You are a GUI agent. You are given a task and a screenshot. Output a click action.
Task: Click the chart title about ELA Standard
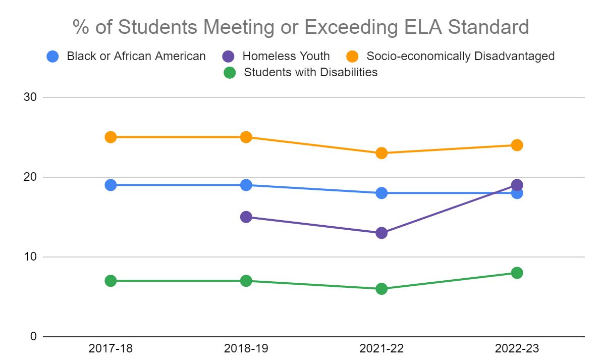click(301, 27)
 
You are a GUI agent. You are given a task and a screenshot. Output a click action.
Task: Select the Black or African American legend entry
click(126, 56)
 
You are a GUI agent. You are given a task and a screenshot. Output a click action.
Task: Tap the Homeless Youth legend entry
click(276, 56)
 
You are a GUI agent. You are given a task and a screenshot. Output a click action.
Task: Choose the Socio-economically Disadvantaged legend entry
click(450, 56)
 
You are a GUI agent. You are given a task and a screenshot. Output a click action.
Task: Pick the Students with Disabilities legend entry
click(301, 72)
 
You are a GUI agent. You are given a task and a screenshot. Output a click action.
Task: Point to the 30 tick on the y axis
click(30, 97)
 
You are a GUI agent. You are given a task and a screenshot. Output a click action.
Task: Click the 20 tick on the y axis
click(30, 177)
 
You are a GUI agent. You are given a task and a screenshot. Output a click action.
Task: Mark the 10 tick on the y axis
click(30, 256)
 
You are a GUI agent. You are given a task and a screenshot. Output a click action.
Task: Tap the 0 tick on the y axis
click(33, 337)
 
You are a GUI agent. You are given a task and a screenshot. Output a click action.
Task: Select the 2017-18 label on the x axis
click(111, 348)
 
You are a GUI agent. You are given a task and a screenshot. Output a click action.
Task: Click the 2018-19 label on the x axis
click(246, 348)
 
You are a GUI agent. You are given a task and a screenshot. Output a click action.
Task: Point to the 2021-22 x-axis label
click(381, 348)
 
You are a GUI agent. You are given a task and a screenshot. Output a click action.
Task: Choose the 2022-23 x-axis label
click(517, 348)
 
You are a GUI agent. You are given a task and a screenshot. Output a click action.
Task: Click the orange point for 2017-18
click(111, 137)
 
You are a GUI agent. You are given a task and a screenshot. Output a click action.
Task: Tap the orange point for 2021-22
click(381, 153)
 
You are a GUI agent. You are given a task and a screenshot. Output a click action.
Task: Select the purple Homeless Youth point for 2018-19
click(246, 217)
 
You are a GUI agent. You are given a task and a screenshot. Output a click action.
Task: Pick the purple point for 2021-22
click(381, 233)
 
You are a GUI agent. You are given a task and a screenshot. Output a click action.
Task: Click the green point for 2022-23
click(517, 273)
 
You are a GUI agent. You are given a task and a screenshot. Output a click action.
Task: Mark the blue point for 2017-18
click(111, 185)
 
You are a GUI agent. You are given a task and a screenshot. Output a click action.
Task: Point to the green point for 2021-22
click(381, 289)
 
